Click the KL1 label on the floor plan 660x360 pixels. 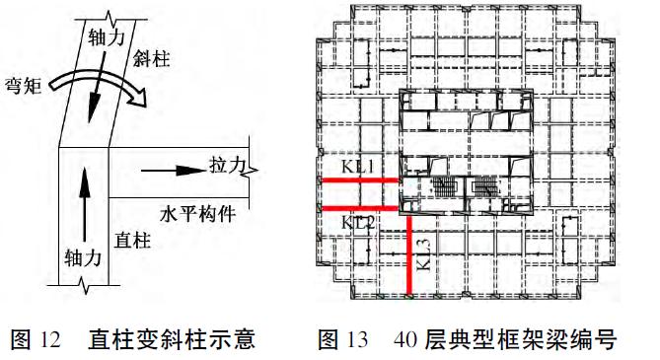358,168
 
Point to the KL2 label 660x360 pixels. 358,223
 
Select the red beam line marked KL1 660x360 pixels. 359,180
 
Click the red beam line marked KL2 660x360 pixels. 359,208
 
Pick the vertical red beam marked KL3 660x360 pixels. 408,254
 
